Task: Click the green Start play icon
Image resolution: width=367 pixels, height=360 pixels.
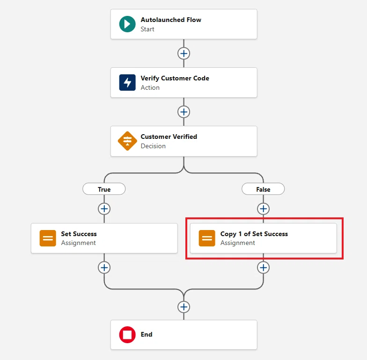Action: pos(127,24)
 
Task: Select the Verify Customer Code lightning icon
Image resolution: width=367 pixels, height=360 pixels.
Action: pos(127,82)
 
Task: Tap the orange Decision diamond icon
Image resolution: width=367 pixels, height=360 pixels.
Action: pos(127,141)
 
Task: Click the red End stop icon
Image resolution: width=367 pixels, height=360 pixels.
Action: pos(127,335)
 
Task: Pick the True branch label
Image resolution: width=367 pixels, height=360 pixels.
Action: pos(104,189)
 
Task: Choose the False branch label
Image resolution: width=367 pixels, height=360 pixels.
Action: pos(263,189)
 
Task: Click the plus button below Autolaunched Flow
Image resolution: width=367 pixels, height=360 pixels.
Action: pos(183,53)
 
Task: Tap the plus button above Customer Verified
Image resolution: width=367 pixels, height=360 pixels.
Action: pos(183,112)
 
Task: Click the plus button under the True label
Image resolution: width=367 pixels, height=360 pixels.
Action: pos(104,209)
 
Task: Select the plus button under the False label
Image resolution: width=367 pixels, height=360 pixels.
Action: pos(263,209)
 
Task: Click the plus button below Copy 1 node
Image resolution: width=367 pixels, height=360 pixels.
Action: pos(263,267)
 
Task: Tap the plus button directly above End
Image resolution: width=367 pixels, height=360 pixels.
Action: pos(183,307)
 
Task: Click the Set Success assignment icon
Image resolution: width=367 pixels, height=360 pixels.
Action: pos(48,238)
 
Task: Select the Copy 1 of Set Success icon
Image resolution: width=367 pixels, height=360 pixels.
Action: pos(207,238)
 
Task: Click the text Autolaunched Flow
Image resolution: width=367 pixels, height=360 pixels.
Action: pos(171,20)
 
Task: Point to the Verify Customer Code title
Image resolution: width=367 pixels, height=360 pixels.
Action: pos(175,79)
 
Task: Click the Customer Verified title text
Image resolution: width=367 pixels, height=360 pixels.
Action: pos(169,137)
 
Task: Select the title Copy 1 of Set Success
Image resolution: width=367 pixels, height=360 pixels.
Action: pos(254,234)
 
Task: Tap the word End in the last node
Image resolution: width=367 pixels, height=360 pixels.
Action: pos(147,335)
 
